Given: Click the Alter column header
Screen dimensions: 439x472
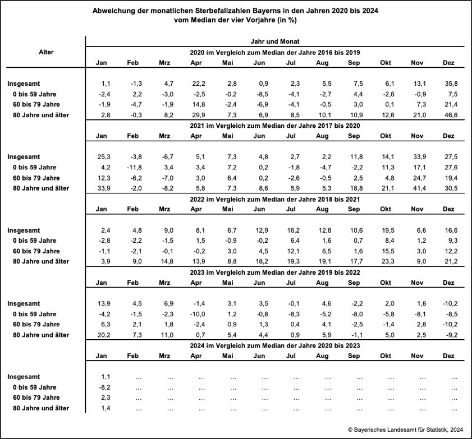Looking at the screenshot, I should coord(46,52).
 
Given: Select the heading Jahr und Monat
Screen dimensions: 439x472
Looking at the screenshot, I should coord(275,41).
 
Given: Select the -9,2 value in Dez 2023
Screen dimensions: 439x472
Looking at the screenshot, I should coord(448,335).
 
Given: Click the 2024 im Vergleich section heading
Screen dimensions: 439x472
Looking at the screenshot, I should coord(275,345).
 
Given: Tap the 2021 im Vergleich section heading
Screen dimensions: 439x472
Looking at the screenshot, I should coord(275,125).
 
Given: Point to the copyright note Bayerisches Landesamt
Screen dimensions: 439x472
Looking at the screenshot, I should coord(407,429).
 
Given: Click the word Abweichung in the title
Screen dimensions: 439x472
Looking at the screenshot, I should coord(115,11).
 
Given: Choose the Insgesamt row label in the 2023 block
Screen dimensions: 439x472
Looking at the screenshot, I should coord(25,303).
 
